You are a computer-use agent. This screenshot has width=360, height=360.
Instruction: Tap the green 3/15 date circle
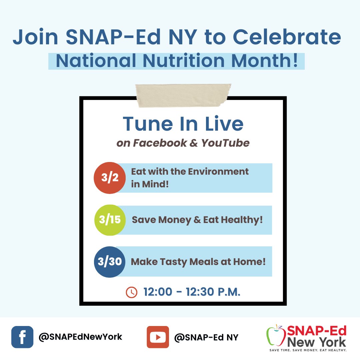[x=110, y=220]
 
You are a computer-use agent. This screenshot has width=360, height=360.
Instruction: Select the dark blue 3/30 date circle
[x=110, y=262]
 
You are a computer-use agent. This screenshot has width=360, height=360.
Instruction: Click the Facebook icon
[x=22, y=337]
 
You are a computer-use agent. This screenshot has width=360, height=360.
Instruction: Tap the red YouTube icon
[x=158, y=337]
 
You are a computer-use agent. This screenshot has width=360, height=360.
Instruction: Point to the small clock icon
[x=131, y=292]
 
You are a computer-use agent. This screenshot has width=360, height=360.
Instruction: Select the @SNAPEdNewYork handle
[x=80, y=337]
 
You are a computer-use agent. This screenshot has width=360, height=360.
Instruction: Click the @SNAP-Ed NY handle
[x=206, y=337]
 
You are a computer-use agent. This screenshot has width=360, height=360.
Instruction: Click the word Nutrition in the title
[x=187, y=61]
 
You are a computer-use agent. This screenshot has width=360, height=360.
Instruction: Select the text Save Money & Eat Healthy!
[x=197, y=220]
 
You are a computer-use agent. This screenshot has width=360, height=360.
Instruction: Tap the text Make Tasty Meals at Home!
[x=198, y=262]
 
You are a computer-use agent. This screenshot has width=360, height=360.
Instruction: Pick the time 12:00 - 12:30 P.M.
[x=192, y=292]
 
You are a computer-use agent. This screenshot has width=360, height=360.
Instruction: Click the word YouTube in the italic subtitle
[x=225, y=143]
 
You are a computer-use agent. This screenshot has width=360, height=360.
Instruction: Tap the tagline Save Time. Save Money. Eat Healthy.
[x=308, y=350]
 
